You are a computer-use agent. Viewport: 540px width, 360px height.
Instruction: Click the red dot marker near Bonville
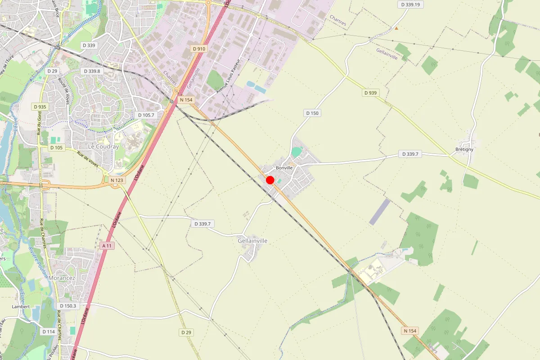pos(270,180)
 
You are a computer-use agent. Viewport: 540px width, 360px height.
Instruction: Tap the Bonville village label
pos(284,168)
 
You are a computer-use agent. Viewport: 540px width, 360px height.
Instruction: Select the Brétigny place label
pos(464,149)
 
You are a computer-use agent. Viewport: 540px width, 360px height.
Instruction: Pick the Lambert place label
pos(21,306)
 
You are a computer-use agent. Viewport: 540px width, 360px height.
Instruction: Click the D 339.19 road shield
pos(410,4)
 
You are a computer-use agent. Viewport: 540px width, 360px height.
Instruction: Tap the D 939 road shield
pos(370,93)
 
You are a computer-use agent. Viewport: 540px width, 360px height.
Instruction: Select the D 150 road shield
pos(312,113)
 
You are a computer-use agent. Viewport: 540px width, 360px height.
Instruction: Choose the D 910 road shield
pos(198,49)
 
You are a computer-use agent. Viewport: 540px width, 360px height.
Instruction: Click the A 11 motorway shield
pos(107,246)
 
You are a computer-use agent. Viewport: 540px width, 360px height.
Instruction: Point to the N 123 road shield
pos(117,180)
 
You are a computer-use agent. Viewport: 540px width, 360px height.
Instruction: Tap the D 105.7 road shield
pos(146,115)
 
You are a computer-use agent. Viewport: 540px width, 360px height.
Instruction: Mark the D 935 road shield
pos(40,107)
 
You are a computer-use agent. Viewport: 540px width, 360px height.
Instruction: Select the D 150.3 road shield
pos(69,306)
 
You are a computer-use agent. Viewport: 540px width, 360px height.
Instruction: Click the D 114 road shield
pos(49,332)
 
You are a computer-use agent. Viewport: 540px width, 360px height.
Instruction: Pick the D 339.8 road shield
pos(92,71)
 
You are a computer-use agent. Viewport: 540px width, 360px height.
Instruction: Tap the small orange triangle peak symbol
pos(396,28)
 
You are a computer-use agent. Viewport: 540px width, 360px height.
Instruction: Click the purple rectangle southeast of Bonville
pos(380,211)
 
